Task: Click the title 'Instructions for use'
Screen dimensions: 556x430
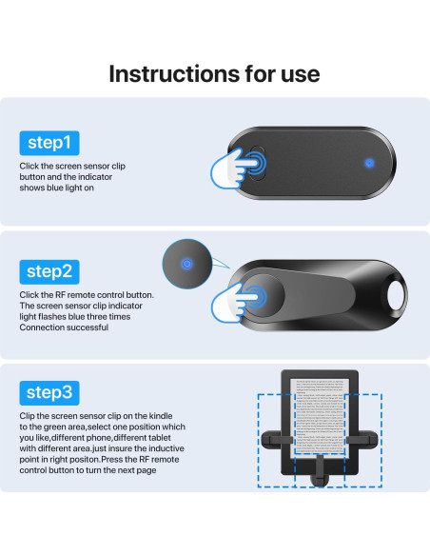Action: coord(214,73)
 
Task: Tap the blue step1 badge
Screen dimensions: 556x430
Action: coord(50,143)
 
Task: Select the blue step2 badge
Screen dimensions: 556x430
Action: coord(50,271)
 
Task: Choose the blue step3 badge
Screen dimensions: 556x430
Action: coord(50,392)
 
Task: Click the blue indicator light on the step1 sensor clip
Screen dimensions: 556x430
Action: coord(368,160)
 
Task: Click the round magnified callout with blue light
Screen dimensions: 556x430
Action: coord(186,264)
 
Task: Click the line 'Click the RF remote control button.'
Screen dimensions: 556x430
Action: coord(86,295)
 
